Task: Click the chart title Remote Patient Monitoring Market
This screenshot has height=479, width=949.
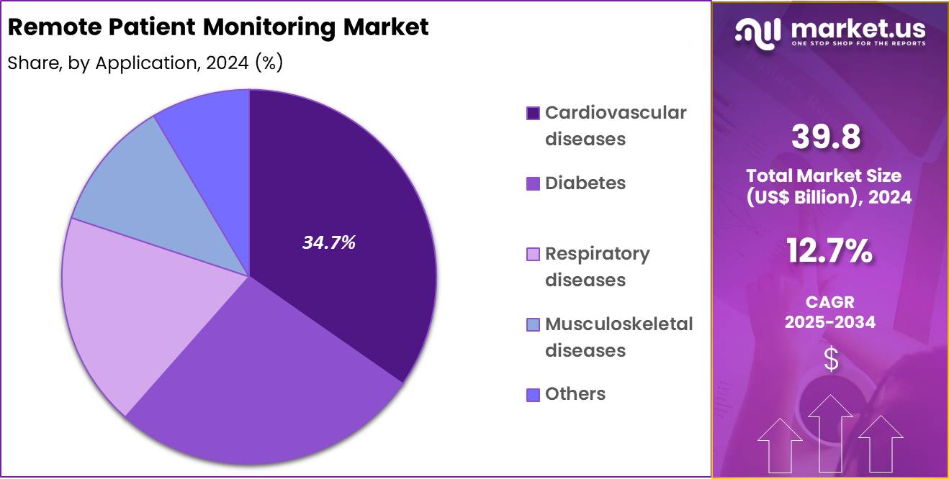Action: point(218,27)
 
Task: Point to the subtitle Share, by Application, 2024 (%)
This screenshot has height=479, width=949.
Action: point(145,63)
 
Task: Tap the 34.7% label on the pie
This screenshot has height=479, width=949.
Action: point(328,243)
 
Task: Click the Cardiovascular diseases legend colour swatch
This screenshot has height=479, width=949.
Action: point(533,113)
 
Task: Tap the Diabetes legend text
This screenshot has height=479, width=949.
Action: point(585,183)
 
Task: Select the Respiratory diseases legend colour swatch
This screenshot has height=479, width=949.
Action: point(533,254)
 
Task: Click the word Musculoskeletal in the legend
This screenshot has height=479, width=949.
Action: point(619,324)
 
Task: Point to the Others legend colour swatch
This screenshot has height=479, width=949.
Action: point(533,394)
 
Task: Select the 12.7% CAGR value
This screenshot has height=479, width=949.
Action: point(829,252)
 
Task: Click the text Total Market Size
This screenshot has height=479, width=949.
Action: point(823,175)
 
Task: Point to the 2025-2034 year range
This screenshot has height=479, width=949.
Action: point(829,322)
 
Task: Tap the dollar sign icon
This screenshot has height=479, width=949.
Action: point(831,359)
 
